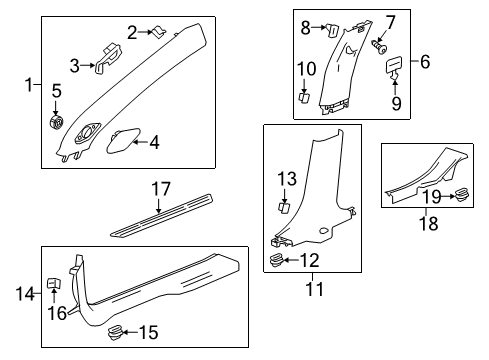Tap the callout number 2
[132, 33]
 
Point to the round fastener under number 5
[56, 122]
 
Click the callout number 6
[426, 63]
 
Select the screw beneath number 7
[380, 46]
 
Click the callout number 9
[392, 102]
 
